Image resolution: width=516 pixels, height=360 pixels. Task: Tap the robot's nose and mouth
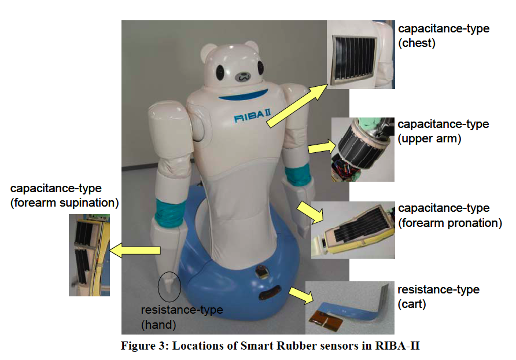tap(242, 75)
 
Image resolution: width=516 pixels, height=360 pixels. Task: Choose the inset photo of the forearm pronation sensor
tap(352, 229)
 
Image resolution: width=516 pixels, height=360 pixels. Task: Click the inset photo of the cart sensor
tap(348, 307)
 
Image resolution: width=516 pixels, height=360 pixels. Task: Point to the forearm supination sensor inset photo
tap(89, 255)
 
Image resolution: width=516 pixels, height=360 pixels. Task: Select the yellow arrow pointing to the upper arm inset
tap(318, 149)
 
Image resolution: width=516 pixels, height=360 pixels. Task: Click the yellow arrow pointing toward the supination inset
tap(135, 251)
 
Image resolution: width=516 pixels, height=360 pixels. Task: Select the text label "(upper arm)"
tap(429, 139)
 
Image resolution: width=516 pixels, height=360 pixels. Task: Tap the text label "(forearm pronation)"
tap(450, 223)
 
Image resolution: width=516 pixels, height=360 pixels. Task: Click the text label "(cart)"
tap(412, 304)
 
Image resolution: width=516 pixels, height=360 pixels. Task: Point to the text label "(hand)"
tap(159, 324)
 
